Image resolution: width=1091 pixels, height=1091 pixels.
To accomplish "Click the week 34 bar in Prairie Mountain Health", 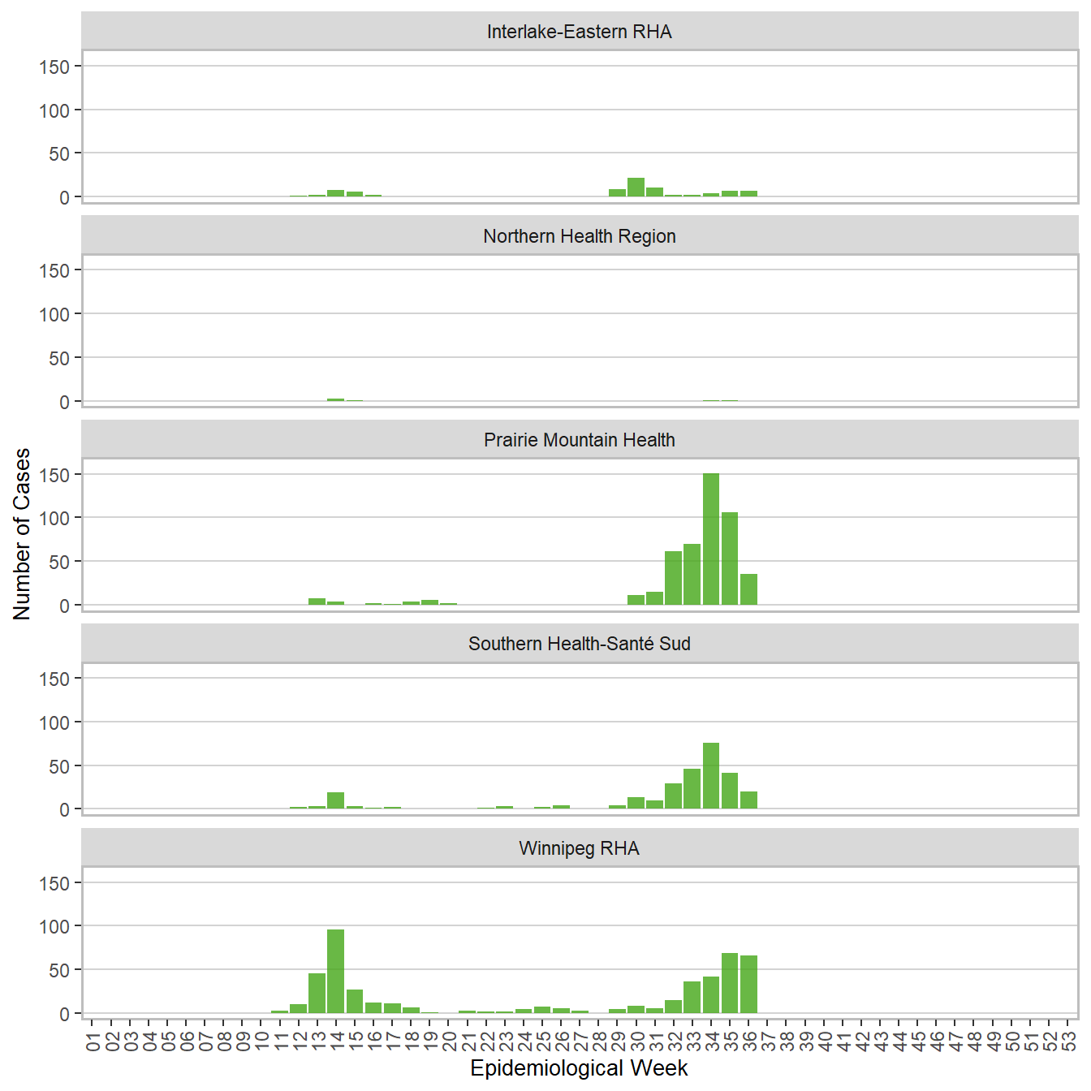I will (x=711, y=539).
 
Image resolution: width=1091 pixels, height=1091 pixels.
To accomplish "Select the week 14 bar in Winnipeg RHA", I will (x=336, y=971).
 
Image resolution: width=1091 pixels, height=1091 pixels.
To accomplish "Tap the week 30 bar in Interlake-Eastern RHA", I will (x=636, y=188).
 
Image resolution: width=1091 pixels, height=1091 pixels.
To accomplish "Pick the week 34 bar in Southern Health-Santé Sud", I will (x=711, y=776).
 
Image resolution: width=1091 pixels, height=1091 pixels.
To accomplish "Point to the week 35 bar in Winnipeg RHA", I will (x=730, y=983).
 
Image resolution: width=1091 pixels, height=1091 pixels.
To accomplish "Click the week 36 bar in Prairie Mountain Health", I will (x=748, y=589).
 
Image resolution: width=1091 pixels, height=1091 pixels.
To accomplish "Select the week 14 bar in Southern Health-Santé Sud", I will (x=336, y=800).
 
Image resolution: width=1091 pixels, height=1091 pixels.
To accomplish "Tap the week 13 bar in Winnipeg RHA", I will (x=317, y=993).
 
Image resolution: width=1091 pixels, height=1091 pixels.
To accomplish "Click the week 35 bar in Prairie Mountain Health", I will (x=730, y=558).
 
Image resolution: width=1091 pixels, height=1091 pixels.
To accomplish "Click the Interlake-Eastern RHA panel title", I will (x=580, y=32).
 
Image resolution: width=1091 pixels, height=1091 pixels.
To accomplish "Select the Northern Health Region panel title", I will (x=580, y=236).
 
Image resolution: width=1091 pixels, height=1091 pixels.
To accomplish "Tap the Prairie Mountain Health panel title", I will (x=580, y=440).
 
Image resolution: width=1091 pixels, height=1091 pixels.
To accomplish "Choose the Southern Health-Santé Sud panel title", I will (x=580, y=644).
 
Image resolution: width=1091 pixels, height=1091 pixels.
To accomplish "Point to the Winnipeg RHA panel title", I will (x=580, y=848).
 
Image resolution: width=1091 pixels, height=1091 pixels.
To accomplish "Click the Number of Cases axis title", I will (x=22, y=534).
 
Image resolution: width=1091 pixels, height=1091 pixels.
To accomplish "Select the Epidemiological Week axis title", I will (x=580, y=1068).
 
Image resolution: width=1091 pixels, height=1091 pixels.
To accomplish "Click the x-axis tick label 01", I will (x=93, y=1040).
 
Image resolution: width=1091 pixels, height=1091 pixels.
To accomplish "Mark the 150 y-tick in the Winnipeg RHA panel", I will (x=54, y=883).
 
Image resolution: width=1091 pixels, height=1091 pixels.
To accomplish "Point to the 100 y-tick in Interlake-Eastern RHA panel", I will (x=54, y=110).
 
